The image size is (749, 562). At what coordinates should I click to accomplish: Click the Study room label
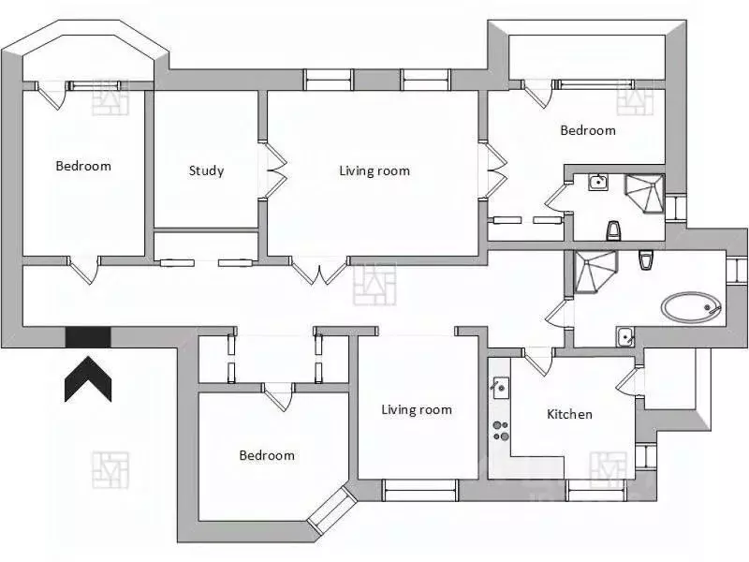click(x=206, y=170)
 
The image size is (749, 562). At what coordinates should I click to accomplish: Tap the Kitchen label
click(x=569, y=414)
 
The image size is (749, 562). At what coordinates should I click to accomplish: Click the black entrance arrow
click(x=88, y=379)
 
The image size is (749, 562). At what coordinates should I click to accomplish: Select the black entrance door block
click(x=88, y=337)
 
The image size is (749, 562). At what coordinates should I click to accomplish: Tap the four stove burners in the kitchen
click(x=501, y=430)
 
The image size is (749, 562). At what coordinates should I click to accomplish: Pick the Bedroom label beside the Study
click(x=83, y=166)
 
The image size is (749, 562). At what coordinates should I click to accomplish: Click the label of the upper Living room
click(x=374, y=170)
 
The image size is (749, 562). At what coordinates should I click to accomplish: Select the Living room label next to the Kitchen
click(x=417, y=409)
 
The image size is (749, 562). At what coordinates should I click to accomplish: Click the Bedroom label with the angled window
click(x=267, y=455)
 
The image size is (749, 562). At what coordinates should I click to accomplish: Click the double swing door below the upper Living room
click(x=320, y=271)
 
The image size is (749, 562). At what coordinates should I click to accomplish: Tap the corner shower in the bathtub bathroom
click(x=593, y=272)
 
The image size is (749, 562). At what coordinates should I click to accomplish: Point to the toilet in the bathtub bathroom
click(x=644, y=261)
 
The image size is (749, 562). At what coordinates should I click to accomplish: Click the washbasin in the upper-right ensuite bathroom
click(x=598, y=182)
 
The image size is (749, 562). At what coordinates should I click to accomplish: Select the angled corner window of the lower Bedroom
click(x=332, y=510)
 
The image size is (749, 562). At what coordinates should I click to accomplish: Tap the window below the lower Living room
click(x=420, y=491)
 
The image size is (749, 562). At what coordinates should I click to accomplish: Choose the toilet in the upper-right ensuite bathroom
click(x=614, y=230)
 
